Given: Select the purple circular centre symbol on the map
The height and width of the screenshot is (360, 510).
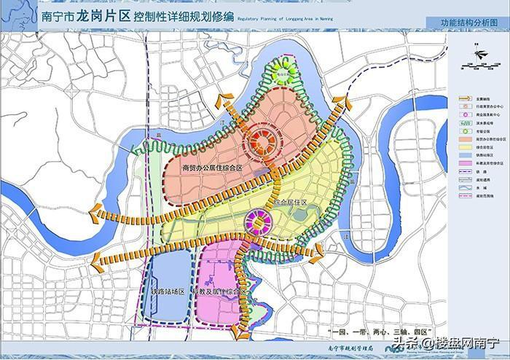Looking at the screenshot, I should point(257,222).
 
